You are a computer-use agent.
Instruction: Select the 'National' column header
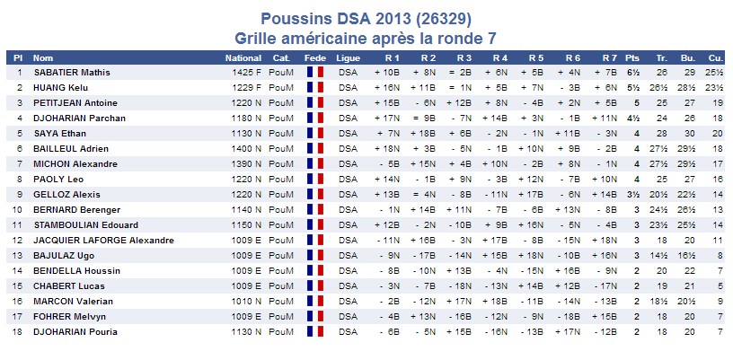click(243, 57)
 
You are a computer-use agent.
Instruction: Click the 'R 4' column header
click(499, 57)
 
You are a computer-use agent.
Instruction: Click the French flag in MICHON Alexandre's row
click(314, 163)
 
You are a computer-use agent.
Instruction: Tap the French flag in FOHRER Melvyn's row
click(314, 316)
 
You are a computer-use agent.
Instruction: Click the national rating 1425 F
click(246, 72)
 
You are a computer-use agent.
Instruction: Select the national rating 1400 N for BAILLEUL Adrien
click(246, 148)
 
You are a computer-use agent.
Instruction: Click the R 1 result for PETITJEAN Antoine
click(387, 102)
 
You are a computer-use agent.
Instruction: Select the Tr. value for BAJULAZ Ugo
click(661, 255)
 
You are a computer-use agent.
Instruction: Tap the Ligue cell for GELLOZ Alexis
click(348, 194)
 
